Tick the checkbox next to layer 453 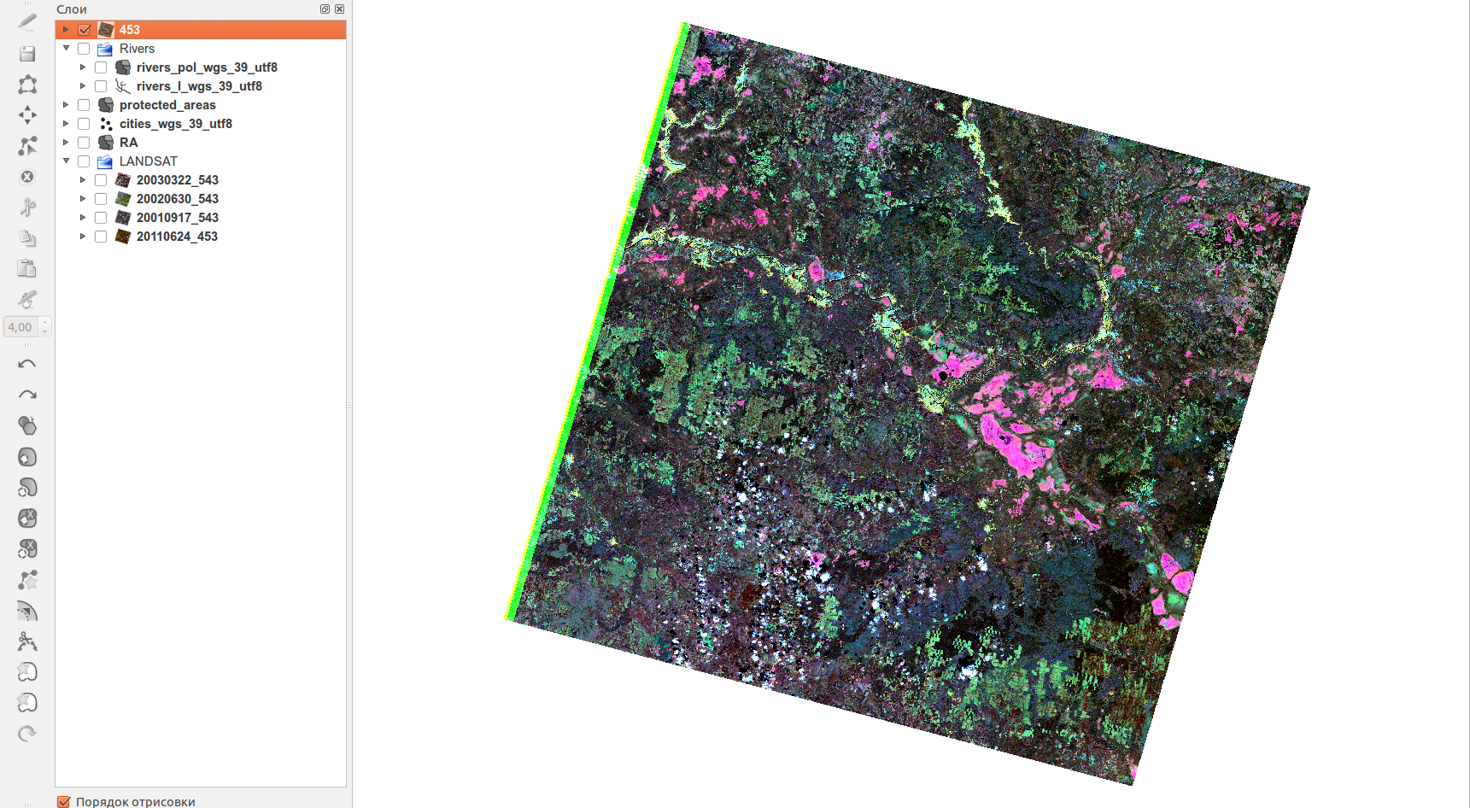click(x=84, y=30)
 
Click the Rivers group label click(x=137, y=49)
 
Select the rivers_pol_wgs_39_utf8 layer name click(x=207, y=67)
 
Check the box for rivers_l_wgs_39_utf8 click(x=101, y=86)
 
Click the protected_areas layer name click(x=167, y=105)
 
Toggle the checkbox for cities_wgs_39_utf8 click(x=84, y=124)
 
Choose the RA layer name click(x=128, y=143)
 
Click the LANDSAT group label click(x=149, y=161)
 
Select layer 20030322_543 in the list click(x=177, y=180)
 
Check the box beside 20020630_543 click(x=101, y=199)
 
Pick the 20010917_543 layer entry click(x=177, y=218)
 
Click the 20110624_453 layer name click(x=177, y=237)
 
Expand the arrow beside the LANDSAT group click(x=66, y=161)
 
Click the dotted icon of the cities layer click(x=106, y=124)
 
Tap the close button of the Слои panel click(x=340, y=9)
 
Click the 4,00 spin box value click(x=20, y=327)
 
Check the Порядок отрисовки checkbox click(x=63, y=801)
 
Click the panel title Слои click(x=72, y=9)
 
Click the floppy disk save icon click(x=27, y=54)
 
